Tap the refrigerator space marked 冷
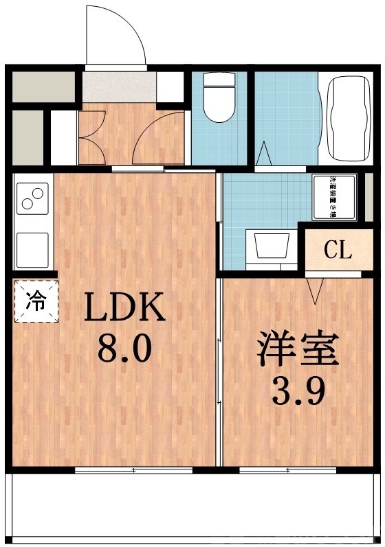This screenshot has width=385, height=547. tap(35, 300)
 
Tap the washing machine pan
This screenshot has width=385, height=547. tap(335, 196)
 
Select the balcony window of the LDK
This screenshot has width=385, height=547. tap(133, 470)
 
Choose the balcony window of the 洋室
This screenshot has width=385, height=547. tap(288, 470)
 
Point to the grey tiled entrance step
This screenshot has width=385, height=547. tap(120, 87)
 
